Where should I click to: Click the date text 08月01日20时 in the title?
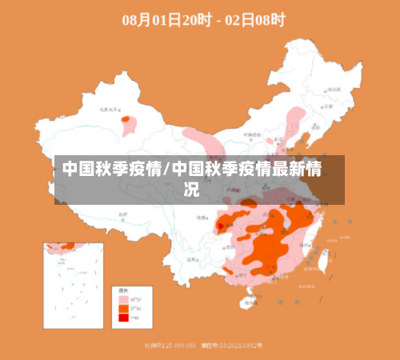[166, 20]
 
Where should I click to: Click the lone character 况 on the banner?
[192, 190]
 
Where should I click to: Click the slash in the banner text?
[166, 170]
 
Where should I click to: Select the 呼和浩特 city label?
[250, 134]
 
